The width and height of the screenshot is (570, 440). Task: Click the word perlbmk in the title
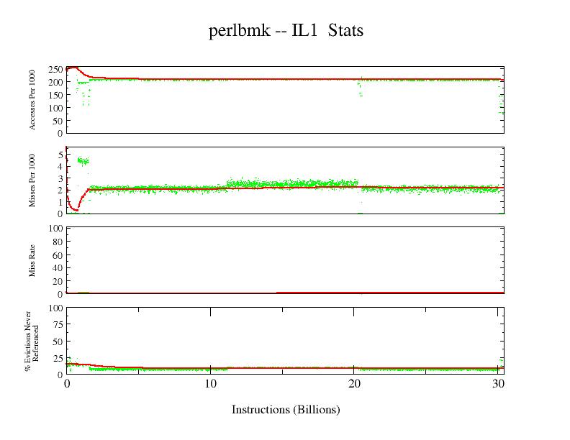239,31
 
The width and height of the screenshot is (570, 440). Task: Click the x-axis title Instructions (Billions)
285,410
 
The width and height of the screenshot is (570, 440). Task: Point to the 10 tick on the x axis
209,384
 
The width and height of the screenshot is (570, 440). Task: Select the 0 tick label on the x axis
66,384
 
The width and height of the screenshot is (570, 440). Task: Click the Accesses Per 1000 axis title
32,100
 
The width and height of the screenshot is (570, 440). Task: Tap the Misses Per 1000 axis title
32,180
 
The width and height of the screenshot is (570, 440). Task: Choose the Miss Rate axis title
32,260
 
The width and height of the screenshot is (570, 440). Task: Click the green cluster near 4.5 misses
83,161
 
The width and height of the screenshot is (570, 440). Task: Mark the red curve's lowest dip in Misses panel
75,209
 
